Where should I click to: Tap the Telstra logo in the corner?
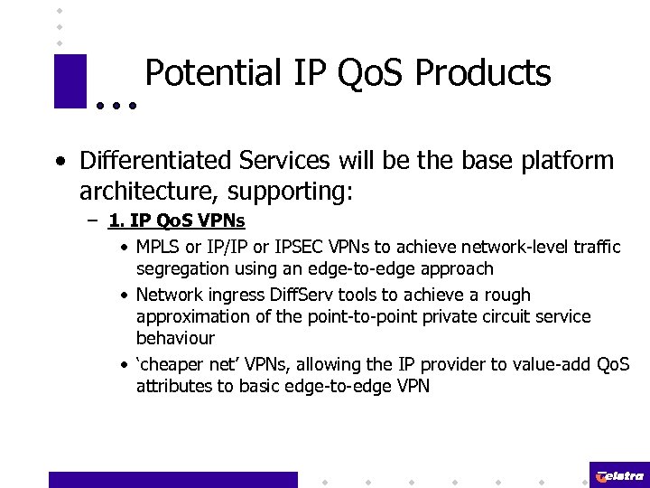(619, 475)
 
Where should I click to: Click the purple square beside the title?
(70, 81)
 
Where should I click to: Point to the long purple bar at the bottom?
(172, 480)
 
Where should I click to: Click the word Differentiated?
(156, 161)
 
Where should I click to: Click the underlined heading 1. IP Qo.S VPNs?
(176, 221)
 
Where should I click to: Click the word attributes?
(173, 386)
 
